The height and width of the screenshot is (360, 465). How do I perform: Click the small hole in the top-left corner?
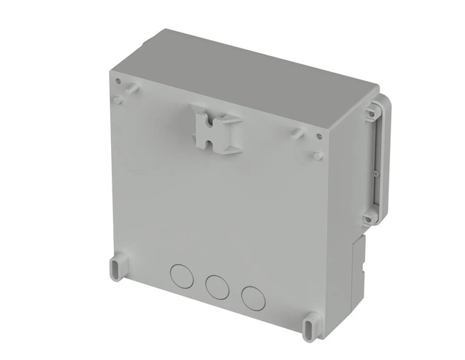(x=118, y=82)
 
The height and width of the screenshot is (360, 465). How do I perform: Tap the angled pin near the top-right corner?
(x=298, y=132)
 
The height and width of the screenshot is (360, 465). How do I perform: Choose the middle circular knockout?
(x=217, y=285)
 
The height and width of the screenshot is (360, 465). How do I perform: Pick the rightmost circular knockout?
(x=253, y=296)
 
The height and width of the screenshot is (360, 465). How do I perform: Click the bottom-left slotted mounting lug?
(x=116, y=266)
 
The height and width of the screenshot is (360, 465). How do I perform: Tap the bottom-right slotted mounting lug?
(x=312, y=323)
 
